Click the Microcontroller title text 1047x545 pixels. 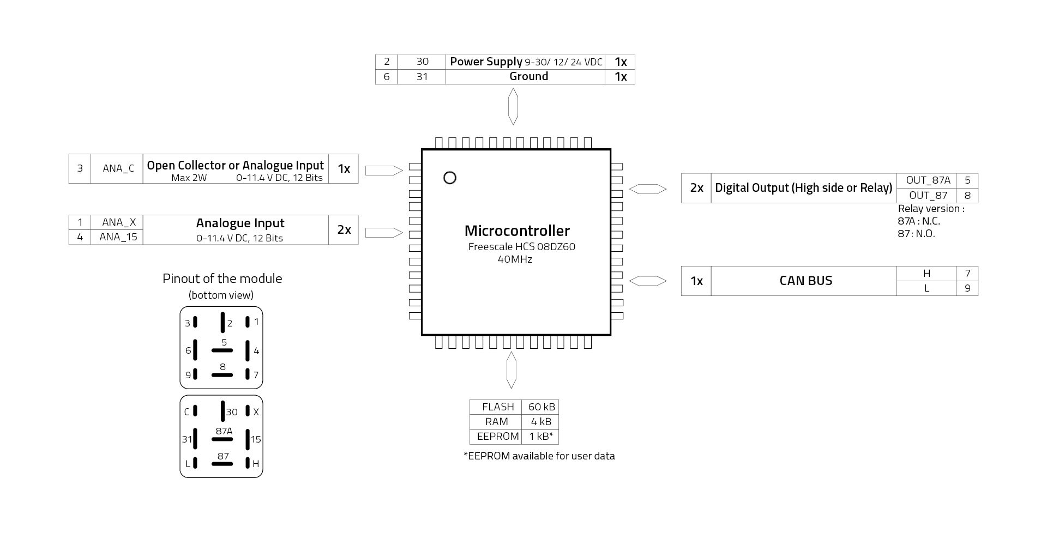[517, 231]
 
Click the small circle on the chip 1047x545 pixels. [450, 178]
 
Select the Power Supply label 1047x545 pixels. [485, 62]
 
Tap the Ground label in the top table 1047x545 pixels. [528, 76]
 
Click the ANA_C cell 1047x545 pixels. [118, 168]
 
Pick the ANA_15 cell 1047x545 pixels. [118, 237]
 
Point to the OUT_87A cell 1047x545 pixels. [928, 180]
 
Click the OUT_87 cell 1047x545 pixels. [928, 195]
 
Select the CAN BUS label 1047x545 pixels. [805, 281]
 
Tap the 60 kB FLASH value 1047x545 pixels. [541, 407]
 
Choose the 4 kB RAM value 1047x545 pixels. [541, 422]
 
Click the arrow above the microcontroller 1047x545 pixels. [513, 106]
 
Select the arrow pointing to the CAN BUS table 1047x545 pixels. [648, 281]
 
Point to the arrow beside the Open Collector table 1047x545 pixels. [383, 170]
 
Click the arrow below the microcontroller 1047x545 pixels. [511, 370]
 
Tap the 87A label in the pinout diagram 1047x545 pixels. [224, 431]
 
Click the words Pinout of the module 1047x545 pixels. [222, 278]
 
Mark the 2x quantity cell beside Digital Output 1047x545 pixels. [696, 188]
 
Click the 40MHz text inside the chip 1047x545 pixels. [514, 259]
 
